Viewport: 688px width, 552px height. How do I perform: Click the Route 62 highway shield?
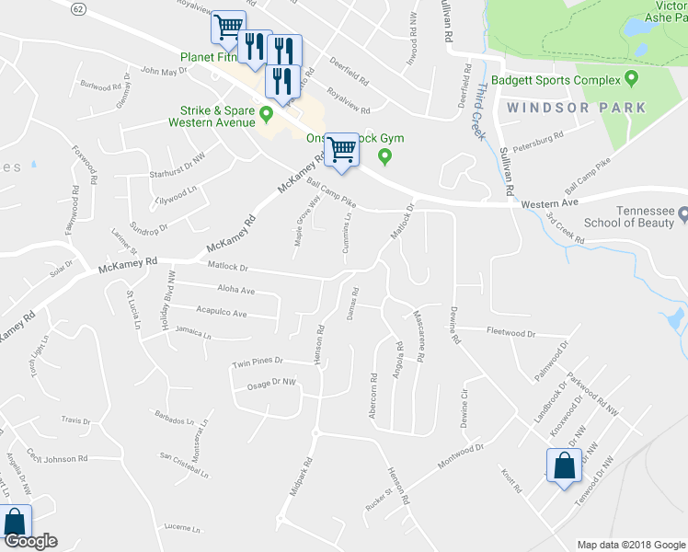pyautogui.click(x=80, y=8)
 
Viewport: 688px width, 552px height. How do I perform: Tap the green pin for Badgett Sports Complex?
pyautogui.click(x=631, y=78)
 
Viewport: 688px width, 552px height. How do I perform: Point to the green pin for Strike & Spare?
pyautogui.click(x=267, y=114)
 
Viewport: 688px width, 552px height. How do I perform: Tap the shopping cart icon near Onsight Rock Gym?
pyautogui.click(x=342, y=148)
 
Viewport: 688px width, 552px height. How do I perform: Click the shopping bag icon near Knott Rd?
pyautogui.click(x=564, y=466)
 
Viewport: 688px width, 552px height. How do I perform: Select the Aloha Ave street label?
pyautogui.click(x=235, y=291)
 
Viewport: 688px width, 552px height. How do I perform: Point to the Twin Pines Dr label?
pyautogui.click(x=258, y=362)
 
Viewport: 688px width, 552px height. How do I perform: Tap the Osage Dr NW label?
pyautogui.click(x=271, y=382)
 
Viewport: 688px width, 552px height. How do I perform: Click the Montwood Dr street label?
pyautogui.click(x=461, y=455)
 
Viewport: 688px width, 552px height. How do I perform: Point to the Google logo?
pyautogui.click(x=29, y=542)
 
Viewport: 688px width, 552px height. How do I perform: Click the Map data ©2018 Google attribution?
pyautogui.click(x=630, y=545)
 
